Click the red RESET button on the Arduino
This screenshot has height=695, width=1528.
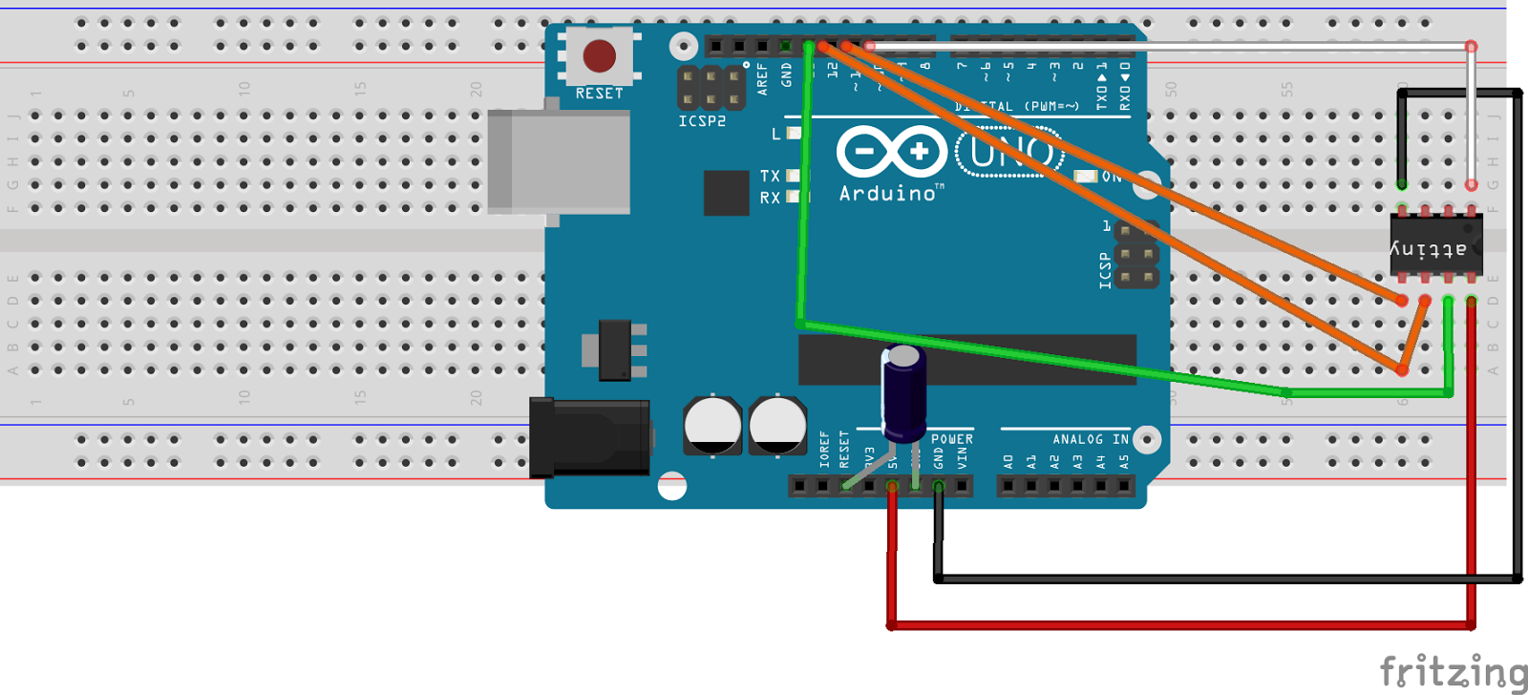600,56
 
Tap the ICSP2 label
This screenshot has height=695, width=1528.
702,121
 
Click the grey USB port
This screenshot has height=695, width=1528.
559,160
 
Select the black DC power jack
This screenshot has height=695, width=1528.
589,438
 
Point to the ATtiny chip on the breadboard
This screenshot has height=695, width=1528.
1435,245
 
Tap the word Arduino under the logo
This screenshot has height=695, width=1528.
888,194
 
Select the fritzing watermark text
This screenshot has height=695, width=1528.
1452,671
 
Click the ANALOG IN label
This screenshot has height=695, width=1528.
1090,439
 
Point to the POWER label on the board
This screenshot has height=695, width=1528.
951,439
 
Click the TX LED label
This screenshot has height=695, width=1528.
770,176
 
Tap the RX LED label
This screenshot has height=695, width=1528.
770,198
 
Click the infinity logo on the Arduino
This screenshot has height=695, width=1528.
891,151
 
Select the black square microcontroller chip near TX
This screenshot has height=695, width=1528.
726,193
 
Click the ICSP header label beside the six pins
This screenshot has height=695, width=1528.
1105,270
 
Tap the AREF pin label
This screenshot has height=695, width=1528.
762,78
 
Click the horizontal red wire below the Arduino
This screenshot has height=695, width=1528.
1179,625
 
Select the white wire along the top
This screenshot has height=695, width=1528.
1165,45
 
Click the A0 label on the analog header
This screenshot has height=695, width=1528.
1008,462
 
